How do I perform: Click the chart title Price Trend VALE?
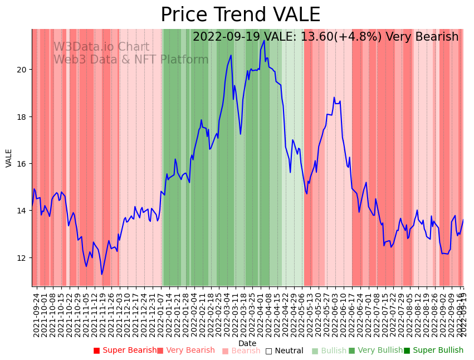tap(240, 15)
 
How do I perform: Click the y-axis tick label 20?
tap(23, 70)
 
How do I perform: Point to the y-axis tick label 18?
tap(23, 117)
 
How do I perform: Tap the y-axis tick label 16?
tap(23, 164)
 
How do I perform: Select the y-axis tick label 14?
tap(23, 211)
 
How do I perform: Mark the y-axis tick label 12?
tap(23, 258)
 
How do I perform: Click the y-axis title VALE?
tap(9, 158)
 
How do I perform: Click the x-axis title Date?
tap(247, 344)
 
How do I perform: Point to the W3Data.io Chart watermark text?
tap(101, 47)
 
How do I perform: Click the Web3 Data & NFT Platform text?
tap(131, 60)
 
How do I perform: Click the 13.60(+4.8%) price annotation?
tap(341, 37)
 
